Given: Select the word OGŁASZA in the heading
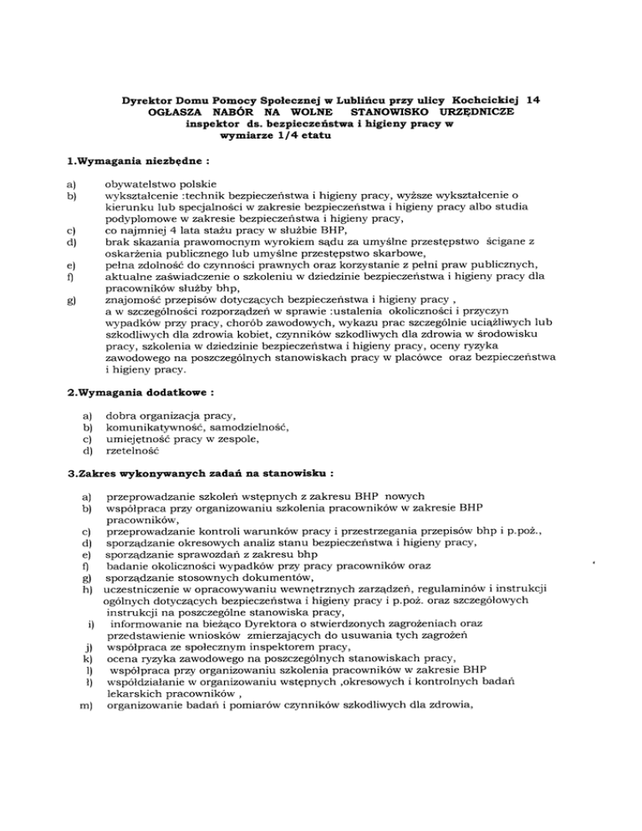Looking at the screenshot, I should [x=166, y=111].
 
